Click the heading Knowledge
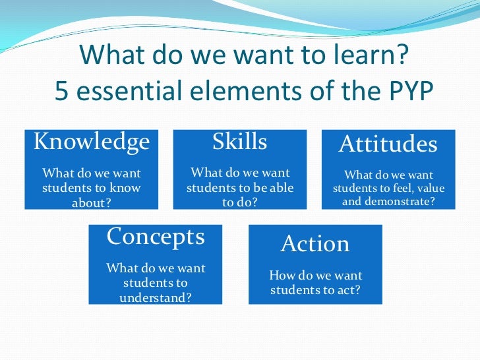point(92,142)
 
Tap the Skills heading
point(239,142)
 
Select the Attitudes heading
point(388,144)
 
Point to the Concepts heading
point(156,237)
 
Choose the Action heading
point(315,244)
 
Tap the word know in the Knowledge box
point(127,188)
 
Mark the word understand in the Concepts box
point(156,297)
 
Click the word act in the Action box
point(349,290)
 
